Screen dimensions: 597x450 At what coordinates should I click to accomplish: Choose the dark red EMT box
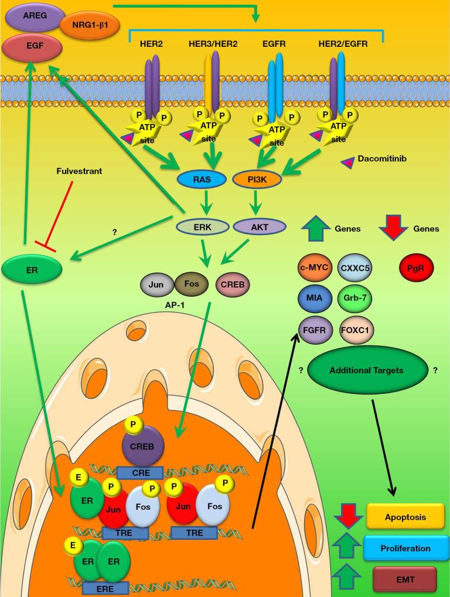[x=404, y=579]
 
